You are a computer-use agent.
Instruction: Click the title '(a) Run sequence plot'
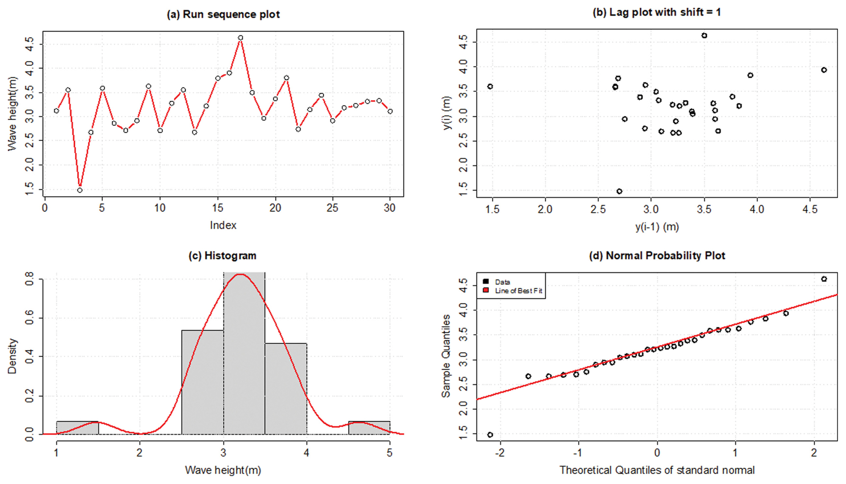pyautogui.click(x=223, y=14)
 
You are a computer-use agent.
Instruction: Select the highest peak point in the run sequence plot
pyautogui.click(x=241, y=38)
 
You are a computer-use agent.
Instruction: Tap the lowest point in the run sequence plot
pyautogui.click(x=80, y=190)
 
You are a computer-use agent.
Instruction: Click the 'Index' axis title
pyautogui.click(x=223, y=225)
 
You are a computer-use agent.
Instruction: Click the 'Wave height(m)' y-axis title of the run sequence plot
pyautogui.click(x=12, y=114)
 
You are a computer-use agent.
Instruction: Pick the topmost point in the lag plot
pyautogui.click(x=704, y=36)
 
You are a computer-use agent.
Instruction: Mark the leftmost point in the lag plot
pyautogui.click(x=490, y=86)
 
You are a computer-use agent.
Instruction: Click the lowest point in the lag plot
pyautogui.click(x=619, y=191)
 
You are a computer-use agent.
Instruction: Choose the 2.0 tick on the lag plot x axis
pyautogui.click(x=545, y=209)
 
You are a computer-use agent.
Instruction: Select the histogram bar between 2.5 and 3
pyautogui.click(x=202, y=382)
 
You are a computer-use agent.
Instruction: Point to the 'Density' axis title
pyautogui.click(x=12, y=356)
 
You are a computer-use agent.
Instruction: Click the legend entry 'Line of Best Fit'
pyautogui.click(x=518, y=291)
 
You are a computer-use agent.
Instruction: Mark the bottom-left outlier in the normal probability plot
pyautogui.click(x=490, y=435)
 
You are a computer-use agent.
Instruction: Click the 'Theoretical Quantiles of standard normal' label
pyautogui.click(x=657, y=470)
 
